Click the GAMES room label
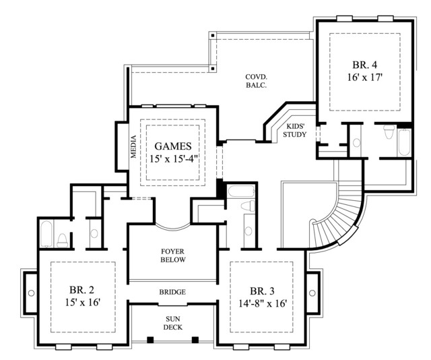click(173, 146)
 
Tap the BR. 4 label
click(365, 65)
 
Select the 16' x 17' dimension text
click(365, 78)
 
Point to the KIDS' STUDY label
click(295, 131)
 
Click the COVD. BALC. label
click(256, 81)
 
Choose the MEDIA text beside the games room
click(133, 146)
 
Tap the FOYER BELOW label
click(173, 256)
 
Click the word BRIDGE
click(172, 292)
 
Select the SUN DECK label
click(173, 323)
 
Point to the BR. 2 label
click(81, 290)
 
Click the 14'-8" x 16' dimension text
click(263, 303)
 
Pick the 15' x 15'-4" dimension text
click(174, 159)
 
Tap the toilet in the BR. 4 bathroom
click(389, 132)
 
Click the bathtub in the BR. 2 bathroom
click(46, 234)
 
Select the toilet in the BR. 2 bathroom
click(63, 240)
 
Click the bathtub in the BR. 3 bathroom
click(241, 191)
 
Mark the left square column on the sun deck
click(150, 340)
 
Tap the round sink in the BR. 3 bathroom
click(248, 231)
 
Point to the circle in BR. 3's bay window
click(312, 293)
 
